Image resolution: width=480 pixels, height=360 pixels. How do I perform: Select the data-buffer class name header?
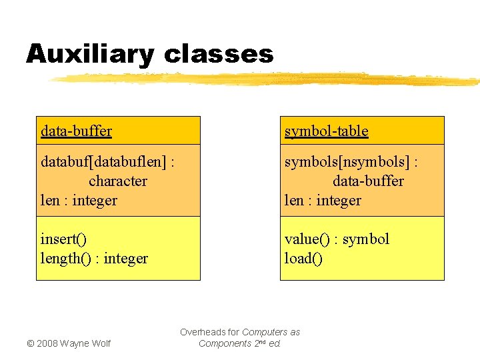tap(76, 131)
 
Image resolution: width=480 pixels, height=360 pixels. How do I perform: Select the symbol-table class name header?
tap(326, 131)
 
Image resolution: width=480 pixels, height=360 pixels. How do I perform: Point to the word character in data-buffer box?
tap(118, 181)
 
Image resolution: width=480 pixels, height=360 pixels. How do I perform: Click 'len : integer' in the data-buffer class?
tap(79, 200)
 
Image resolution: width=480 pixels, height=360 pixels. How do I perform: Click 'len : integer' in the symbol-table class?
tap(323, 200)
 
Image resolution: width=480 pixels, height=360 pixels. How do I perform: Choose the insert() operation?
tap(63, 239)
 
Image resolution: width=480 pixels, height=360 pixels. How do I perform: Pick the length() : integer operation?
tap(94, 258)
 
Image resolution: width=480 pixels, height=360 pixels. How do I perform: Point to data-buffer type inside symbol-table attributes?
tap(368, 181)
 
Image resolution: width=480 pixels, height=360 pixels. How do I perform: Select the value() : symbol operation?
tap(337, 239)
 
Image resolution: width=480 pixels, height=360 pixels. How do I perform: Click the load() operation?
tap(303, 258)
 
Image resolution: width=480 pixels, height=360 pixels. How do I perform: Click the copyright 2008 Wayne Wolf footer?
tap(69, 343)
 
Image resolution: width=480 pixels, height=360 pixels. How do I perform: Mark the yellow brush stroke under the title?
tap(267, 79)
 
